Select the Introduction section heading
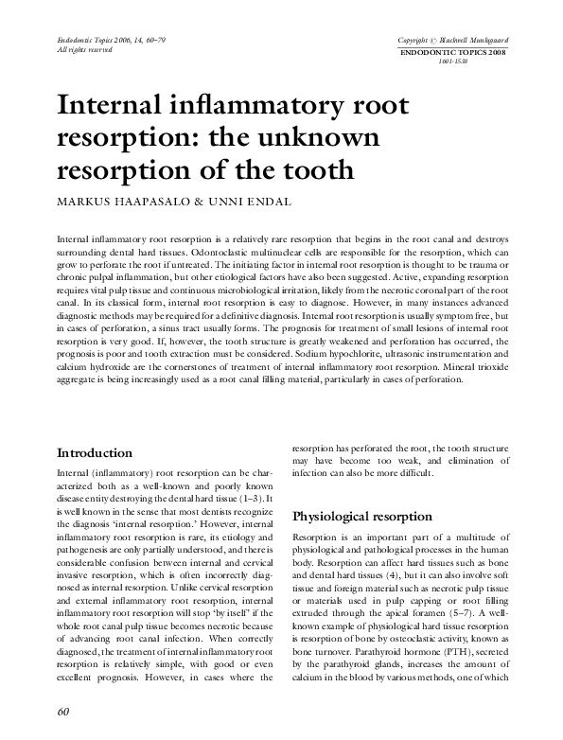click(95, 453)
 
